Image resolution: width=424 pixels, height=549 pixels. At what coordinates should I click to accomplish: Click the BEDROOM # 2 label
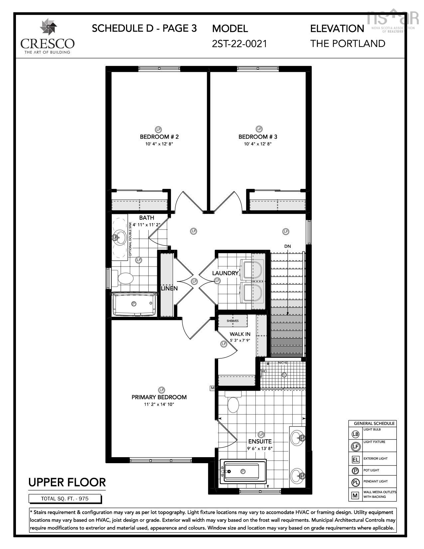pos(159,137)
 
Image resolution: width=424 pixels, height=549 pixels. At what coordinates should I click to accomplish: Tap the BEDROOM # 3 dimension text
pos(258,144)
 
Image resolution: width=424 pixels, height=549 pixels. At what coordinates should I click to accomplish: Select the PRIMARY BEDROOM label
pos(159,397)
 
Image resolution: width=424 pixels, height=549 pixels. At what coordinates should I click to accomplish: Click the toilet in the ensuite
pos(233,402)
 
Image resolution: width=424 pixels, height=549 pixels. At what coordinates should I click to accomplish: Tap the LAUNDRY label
pos(225,273)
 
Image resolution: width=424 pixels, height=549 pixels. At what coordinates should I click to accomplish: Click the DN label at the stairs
pos(288,246)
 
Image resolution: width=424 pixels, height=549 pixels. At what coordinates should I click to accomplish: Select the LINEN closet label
pos(169,288)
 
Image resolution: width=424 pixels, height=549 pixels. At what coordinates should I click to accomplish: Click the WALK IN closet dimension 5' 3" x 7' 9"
pos(240,340)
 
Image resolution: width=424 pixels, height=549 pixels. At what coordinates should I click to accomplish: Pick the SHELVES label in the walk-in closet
pos(233,321)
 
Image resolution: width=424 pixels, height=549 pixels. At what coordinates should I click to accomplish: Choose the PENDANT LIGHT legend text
pos(375,481)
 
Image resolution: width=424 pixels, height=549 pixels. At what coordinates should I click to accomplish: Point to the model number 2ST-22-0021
pos(239,44)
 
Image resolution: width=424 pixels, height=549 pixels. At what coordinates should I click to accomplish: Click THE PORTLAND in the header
pos(348,44)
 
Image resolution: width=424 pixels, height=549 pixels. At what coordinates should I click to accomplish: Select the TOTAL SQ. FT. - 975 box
pos(65,499)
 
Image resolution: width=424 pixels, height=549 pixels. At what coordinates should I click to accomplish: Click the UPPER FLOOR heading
pos(67,482)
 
